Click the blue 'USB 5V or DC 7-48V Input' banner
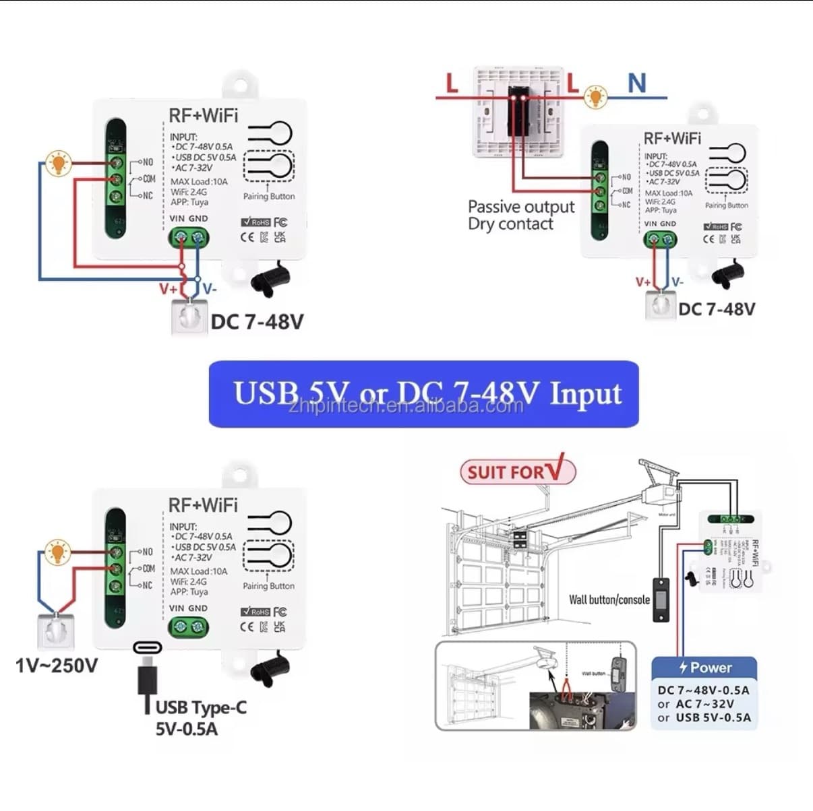[x=423, y=394]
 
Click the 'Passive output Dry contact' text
[x=520, y=216]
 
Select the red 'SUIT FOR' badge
[x=518, y=471]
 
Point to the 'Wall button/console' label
[x=609, y=599]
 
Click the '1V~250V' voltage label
[x=57, y=666]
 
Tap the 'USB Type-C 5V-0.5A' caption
[x=200, y=717]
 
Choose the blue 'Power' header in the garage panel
[x=704, y=668]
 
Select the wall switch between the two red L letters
[x=518, y=111]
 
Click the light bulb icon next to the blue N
[x=595, y=97]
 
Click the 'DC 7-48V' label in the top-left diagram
[x=257, y=322]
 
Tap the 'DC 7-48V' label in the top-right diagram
[x=717, y=309]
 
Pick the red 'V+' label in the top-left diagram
[x=168, y=289]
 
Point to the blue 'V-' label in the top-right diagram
[x=677, y=282]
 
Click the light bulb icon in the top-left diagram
[x=59, y=162]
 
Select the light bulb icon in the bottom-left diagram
[x=57, y=552]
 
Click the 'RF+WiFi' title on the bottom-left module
[x=203, y=505]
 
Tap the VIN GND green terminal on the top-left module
[x=188, y=237]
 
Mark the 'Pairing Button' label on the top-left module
[x=268, y=197]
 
